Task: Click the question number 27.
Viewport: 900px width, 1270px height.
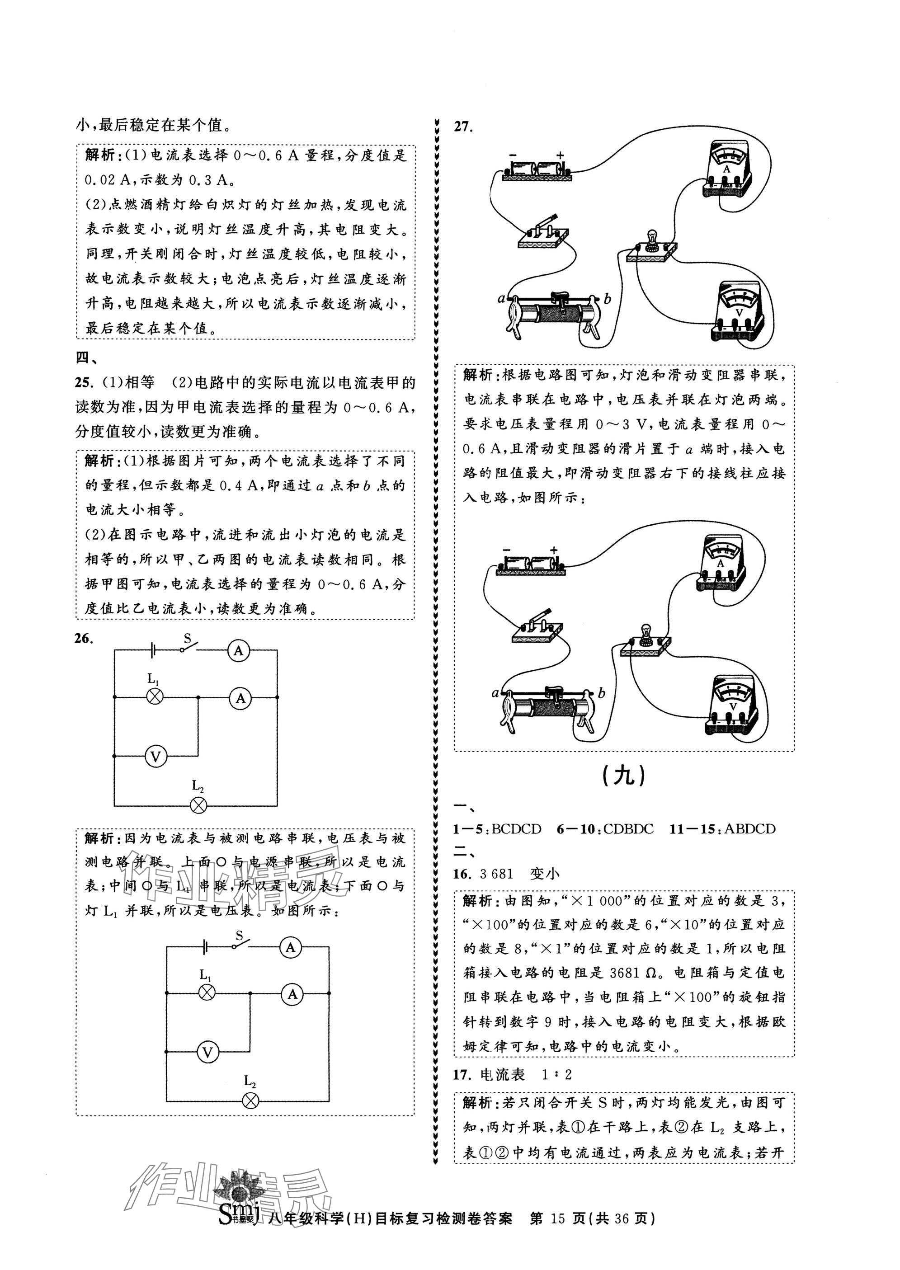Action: (463, 127)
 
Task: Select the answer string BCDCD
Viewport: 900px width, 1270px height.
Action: (516, 829)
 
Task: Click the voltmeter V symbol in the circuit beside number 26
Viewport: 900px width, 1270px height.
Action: (156, 756)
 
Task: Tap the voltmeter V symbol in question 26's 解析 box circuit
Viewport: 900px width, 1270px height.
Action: (208, 1052)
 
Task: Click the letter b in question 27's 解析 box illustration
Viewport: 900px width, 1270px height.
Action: (602, 693)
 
